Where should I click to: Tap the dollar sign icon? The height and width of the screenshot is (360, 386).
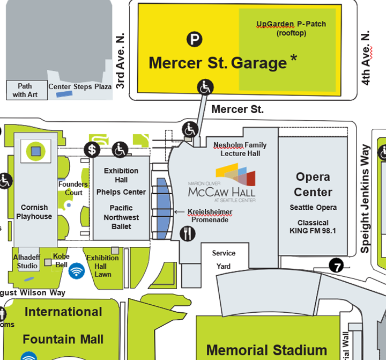click(93, 150)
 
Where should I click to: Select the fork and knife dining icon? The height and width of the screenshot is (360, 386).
click(188, 233)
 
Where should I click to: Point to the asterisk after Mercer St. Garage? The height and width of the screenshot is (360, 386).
click(293, 59)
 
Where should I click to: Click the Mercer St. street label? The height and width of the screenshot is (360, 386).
click(237, 109)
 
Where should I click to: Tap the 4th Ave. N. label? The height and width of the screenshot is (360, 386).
click(366, 58)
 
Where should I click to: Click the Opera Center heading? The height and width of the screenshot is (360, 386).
click(314, 184)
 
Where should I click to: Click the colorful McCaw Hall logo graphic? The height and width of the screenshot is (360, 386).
click(235, 175)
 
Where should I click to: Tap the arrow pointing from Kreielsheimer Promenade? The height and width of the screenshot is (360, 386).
click(180, 212)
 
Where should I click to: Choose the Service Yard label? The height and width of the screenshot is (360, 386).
click(224, 260)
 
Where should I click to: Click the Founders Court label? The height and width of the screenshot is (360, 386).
click(73, 188)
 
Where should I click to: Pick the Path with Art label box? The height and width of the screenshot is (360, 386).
click(25, 90)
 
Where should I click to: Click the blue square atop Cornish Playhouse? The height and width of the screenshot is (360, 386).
click(35, 151)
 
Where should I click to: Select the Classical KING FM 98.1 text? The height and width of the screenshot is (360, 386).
click(313, 227)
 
